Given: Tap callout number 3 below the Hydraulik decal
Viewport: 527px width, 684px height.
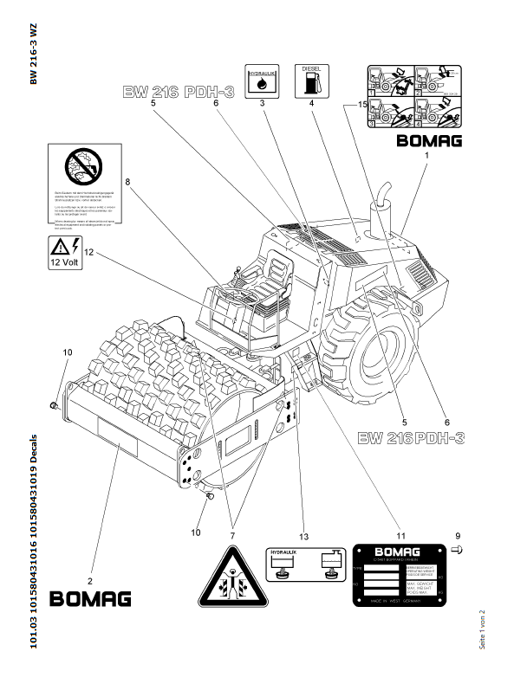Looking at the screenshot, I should pos(262,103).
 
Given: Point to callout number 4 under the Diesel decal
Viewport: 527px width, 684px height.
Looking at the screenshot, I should pos(309,103).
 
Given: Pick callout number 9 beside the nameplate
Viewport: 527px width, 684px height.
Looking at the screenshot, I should pos(459,536).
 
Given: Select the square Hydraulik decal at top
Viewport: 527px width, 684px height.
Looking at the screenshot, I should pos(262,80).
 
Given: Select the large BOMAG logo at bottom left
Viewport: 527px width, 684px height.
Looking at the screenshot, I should pos(90,598).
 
